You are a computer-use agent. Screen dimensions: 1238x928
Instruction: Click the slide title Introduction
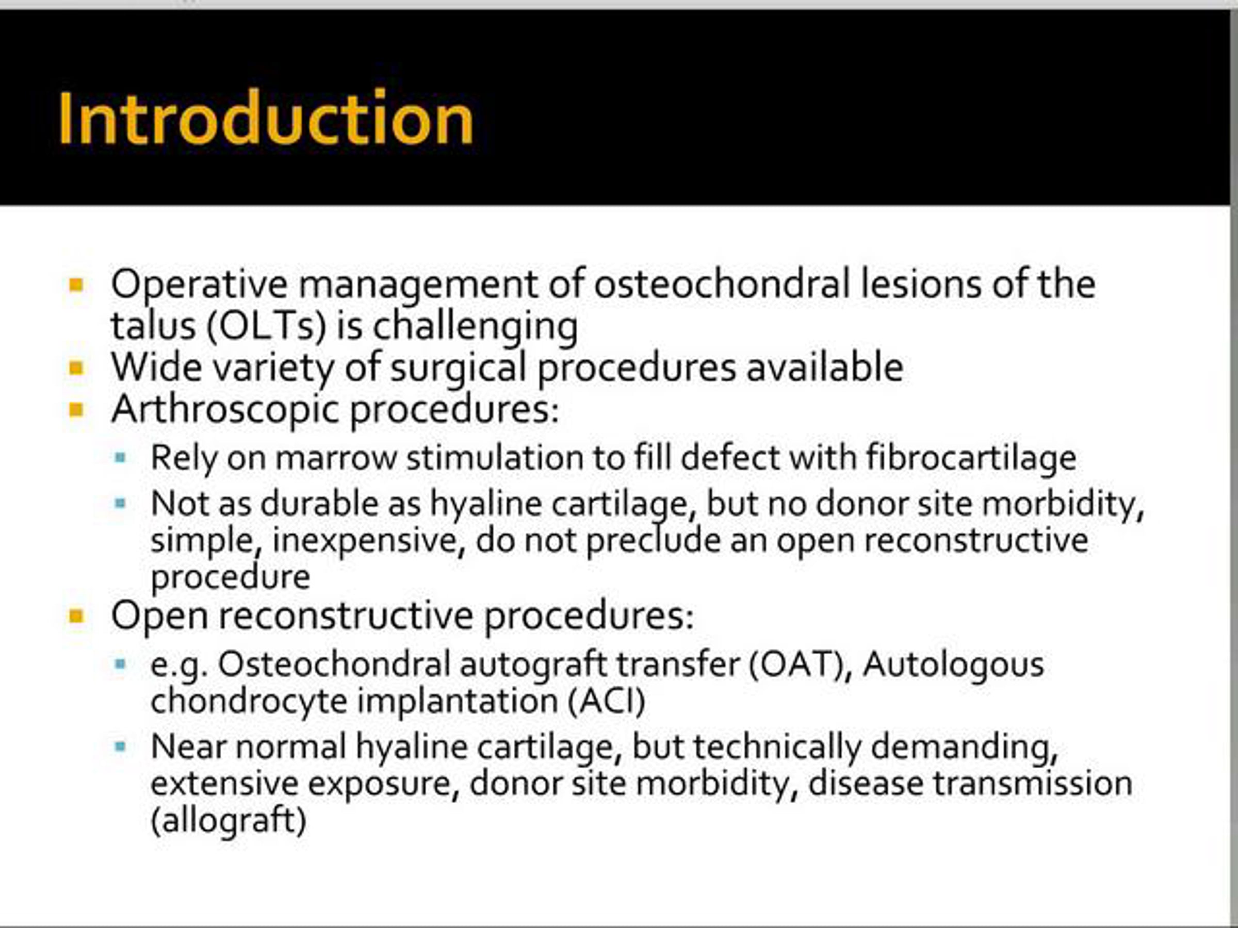pos(266,118)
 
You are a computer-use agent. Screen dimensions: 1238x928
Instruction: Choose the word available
pos(824,367)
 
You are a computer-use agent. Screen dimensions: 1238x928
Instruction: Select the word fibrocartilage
pos(971,458)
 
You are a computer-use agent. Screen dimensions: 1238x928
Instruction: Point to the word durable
pos(340,503)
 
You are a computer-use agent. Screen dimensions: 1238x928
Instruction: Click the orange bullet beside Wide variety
pos(76,368)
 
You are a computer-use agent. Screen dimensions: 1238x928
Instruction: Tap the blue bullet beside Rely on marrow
pos(120,458)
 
